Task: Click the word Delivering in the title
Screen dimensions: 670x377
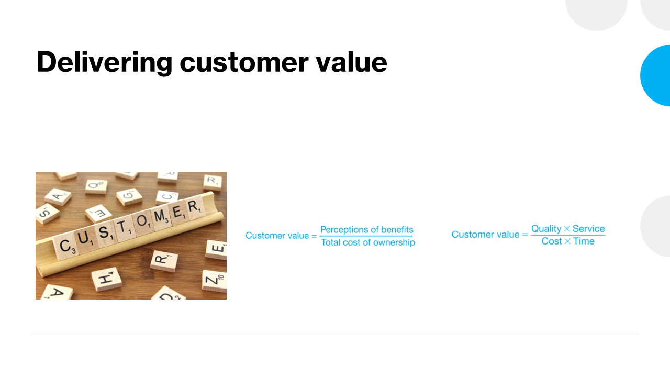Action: coord(104,62)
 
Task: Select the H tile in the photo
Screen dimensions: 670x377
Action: coord(106,279)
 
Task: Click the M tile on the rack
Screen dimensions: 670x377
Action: coord(161,217)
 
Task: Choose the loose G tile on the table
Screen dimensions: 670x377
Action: coord(129,196)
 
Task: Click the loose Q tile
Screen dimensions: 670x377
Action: coord(96,186)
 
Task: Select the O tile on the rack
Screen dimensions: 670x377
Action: coord(143,222)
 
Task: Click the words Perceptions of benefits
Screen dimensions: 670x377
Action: coord(367,230)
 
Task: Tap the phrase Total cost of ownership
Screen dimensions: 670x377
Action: coord(368,242)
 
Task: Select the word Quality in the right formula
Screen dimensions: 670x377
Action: coord(546,229)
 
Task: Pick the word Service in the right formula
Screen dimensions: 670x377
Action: coord(589,229)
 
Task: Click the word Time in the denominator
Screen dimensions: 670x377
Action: coord(584,241)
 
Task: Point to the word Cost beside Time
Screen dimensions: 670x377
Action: coord(552,241)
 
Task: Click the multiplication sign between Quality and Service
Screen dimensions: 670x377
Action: coord(567,229)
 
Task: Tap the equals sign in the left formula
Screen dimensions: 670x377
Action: coord(314,236)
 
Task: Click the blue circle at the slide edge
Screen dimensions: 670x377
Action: coord(656,75)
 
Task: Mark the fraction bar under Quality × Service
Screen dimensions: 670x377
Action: coord(568,235)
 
